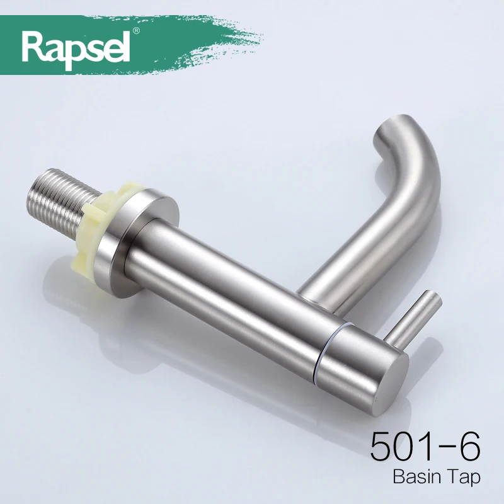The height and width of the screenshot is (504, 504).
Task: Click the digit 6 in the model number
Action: tap(466, 447)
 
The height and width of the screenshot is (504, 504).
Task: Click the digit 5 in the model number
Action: tap(382, 447)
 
